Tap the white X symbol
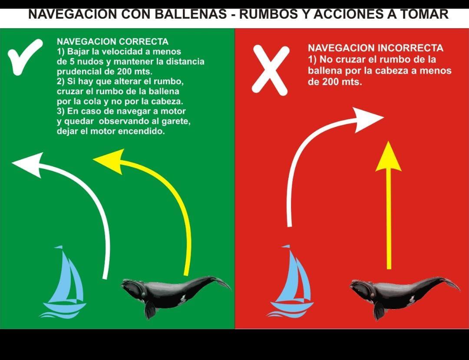click(x=271, y=70)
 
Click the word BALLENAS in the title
click(x=195, y=14)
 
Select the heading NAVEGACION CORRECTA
click(x=112, y=42)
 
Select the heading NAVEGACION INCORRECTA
click(x=375, y=48)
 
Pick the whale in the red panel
click(x=404, y=296)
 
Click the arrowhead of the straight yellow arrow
click(x=388, y=156)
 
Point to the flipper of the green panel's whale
click(x=149, y=310)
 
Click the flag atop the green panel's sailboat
click(x=59, y=247)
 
